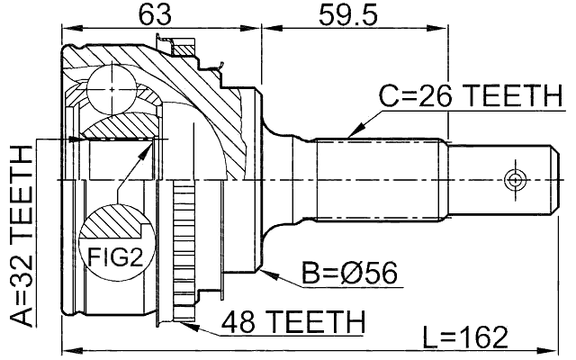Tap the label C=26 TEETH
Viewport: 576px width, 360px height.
pyautogui.click(x=467, y=95)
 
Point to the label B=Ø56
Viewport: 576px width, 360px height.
pyautogui.click(x=350, y=271)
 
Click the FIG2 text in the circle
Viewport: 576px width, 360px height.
pyautogui.click(x=115, y=258)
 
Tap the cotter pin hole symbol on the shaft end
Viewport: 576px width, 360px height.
pyautogui.click(x=514, y=179)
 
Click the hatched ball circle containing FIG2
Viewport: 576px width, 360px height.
pyautogui.click(x=114, y=243)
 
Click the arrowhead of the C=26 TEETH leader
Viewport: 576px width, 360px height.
pyautogui.click(x=352, y=134)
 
